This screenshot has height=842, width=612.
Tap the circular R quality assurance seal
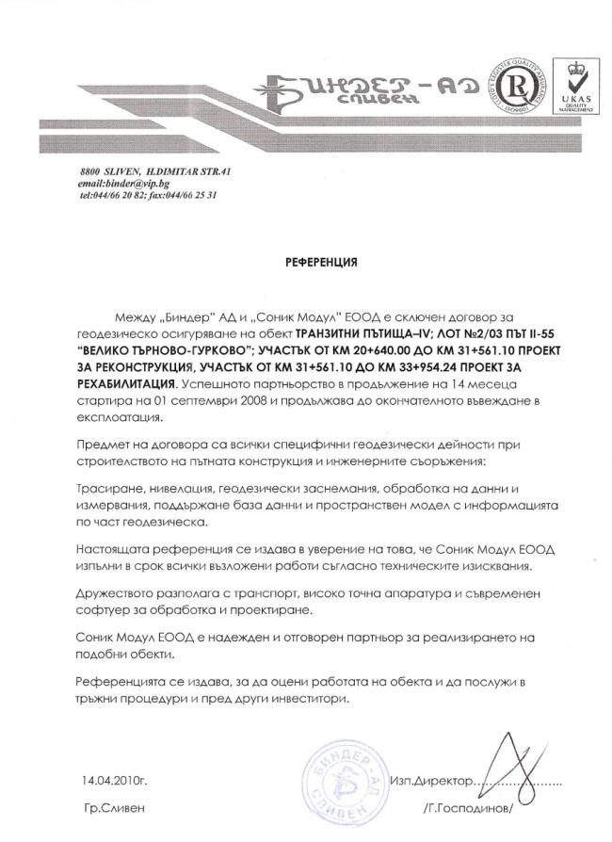(517, 86)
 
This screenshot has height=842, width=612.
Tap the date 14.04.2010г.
(115, 781)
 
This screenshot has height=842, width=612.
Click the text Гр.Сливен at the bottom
(114, 809)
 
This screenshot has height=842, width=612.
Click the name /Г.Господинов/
(470, 809)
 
